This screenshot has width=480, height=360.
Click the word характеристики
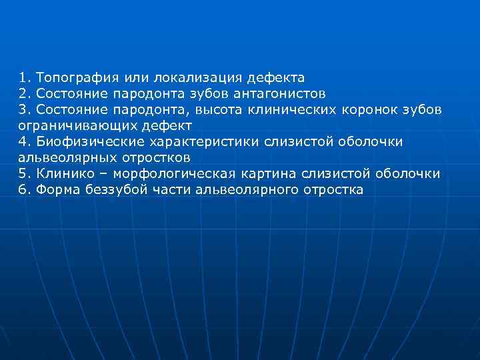pyautogui.click(x=203, y=141)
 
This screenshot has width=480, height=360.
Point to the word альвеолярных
pyautogui.click(x=66, y=157)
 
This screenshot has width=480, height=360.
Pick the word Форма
pyautogui.click(x=56, y=189)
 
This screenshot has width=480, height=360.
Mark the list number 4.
pyautogui.click(x=24, y=141)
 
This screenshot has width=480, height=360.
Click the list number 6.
pyautogui.click(x=24, y=189)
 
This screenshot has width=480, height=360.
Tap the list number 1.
pyautogui.click(x=24, y=77)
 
